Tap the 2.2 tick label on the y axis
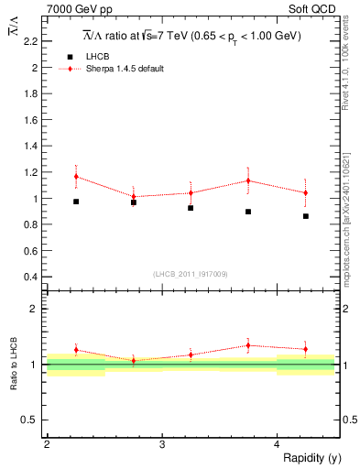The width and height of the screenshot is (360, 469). click(31, 42)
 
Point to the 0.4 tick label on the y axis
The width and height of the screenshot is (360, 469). click(31, 277)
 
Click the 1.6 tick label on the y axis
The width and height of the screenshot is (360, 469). click(31, 120)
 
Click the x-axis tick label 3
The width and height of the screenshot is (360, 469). click(162, 444)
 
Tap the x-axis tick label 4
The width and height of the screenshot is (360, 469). click(278, 444)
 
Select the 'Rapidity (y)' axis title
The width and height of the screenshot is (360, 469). click(306, 457)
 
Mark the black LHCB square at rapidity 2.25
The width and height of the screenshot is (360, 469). click(76, 202)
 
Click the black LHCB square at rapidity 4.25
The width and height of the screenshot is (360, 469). click(306, 216)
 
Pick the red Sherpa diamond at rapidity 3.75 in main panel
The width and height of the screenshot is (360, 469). click(248, 180)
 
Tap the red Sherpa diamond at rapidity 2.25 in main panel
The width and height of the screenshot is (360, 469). click(76, 176)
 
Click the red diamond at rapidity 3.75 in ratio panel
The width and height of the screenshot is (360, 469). click(248, 345)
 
